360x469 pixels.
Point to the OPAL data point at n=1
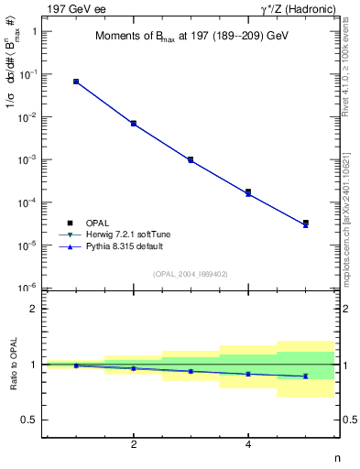[76, 82]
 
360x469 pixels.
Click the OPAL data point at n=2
[134, 123]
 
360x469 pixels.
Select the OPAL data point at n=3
[191, 159]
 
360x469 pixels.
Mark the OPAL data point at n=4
[248, 192]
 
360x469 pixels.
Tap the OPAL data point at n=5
[305, 223]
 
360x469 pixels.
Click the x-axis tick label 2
[134, 444]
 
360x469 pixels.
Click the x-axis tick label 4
[248, 444]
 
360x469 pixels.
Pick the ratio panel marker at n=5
[305, 376]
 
